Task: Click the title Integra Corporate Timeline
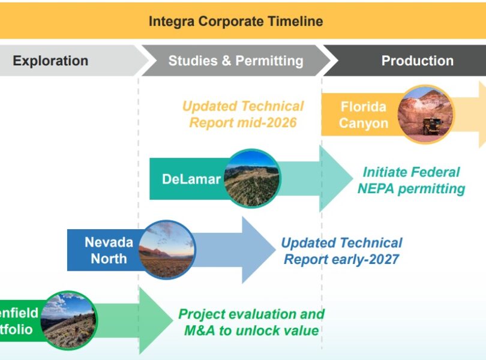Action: pos(236,22)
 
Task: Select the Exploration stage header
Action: pos(50,61)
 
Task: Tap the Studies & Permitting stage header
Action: pos(236,61)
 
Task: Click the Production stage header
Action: pos(418,61)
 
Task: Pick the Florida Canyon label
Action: pos(364,115)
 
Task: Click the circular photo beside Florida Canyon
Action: pos(426,114)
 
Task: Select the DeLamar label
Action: pos(191,179)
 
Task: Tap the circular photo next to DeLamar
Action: pos(251,178)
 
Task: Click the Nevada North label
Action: pos(109,250)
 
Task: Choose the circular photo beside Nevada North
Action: pos(166,250)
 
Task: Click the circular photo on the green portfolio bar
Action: pos(69,321)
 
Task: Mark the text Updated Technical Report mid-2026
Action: pos(243,115)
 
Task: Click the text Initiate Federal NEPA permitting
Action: pos(412,181)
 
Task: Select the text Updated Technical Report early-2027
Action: pos(341,251)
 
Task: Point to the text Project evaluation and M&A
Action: pos(251,322)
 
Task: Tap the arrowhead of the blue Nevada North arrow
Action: pos(259,250)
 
